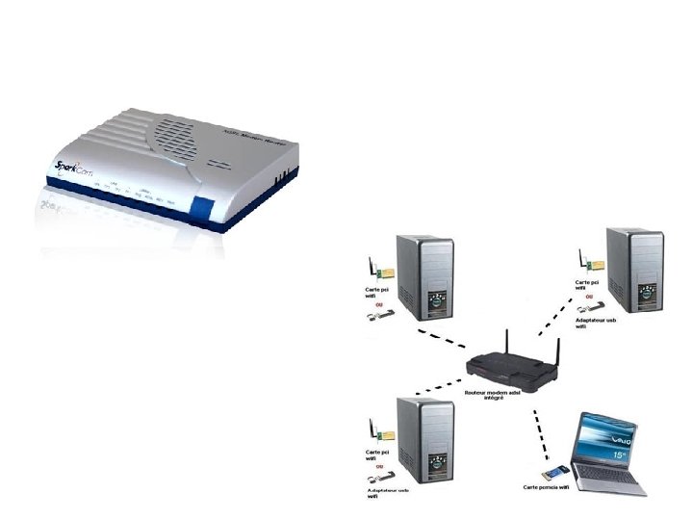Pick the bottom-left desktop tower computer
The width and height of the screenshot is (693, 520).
pyautogui.click(x=424, y=438)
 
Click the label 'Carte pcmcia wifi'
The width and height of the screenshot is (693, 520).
pyautogui.click(x=547, y=488)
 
